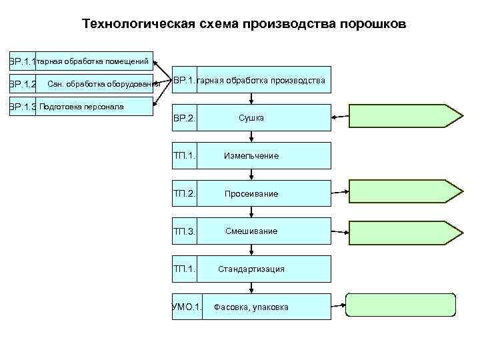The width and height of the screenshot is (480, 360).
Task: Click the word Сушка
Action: point(251,118)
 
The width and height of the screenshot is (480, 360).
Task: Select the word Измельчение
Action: point(251,156)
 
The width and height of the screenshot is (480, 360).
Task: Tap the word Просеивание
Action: point(251,194)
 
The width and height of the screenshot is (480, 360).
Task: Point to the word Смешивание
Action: point(251,231)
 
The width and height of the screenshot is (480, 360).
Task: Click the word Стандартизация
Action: point(251,269)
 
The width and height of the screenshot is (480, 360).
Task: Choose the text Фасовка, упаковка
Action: point(251,307)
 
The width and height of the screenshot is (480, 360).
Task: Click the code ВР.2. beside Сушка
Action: point(184,119)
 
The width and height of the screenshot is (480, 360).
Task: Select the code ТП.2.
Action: point(184,194)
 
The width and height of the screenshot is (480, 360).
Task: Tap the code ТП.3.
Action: point(184,232)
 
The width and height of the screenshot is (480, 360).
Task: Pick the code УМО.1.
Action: point(187,307)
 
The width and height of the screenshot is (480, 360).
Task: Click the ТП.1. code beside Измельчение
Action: point(184,156)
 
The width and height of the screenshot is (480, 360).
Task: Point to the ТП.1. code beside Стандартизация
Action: point(184,269)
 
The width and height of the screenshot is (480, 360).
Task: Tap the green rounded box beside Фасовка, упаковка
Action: point(401,304)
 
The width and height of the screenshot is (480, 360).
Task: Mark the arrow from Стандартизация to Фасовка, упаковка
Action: point(251,287)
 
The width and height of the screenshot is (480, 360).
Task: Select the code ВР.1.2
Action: point(23,85)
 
